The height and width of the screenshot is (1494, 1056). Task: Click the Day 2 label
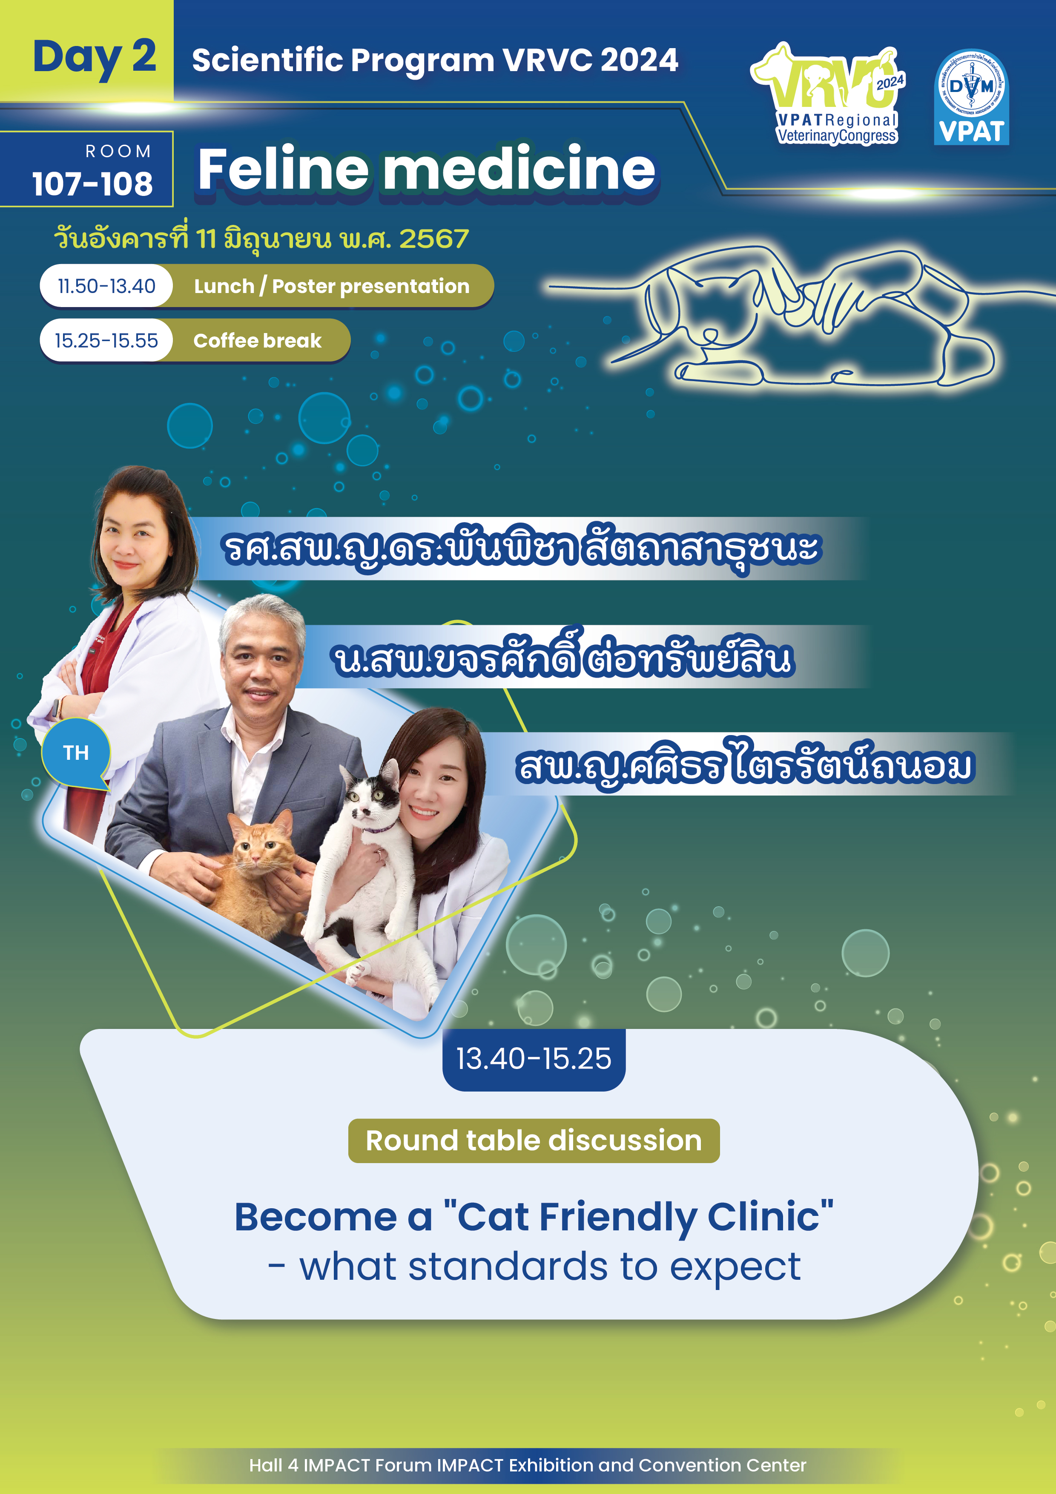pos(95,57)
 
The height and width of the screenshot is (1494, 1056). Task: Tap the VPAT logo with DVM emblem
pos(971,98)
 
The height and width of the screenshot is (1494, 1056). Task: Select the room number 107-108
pos(92,184)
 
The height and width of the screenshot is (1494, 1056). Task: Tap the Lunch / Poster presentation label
pos(332,286)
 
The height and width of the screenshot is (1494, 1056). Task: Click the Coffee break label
pos(258,340)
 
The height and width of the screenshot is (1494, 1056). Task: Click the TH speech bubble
pos(76,753)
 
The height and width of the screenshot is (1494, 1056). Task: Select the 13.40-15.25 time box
pos(534,1059)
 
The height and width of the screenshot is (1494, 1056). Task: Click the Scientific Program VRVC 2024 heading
pos(435,60)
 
